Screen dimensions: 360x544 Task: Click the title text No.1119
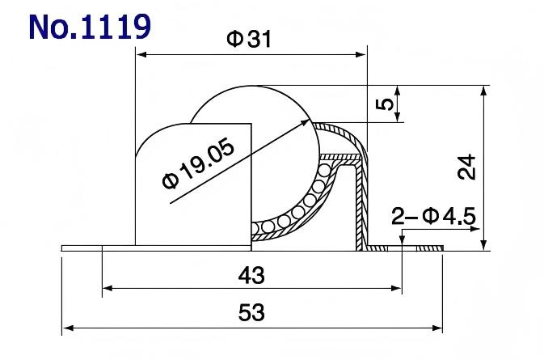(89, 26)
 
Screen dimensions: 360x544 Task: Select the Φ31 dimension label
(249, 40)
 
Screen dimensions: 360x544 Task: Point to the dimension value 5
(386, 104)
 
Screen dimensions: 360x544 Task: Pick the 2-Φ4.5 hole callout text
(433, 216)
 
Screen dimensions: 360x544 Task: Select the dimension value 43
(252, 276)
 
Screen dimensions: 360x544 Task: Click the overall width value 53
(252, 313)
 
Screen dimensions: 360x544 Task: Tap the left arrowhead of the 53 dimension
(68, 328)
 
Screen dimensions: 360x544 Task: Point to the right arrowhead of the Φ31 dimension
(361, 55)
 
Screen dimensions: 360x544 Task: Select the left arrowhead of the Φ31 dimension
(141, 55)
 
